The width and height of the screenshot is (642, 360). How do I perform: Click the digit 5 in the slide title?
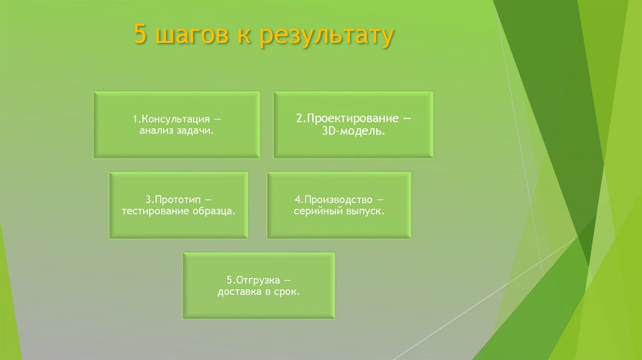tap(140, 36)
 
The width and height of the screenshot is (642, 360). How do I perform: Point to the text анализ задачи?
tap(177, 130)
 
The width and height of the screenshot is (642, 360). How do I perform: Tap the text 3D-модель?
tap(354, 131)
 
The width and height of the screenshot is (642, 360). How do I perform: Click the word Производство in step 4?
tap(339, 199)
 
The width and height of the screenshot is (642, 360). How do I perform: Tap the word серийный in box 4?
tap(317, 211)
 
